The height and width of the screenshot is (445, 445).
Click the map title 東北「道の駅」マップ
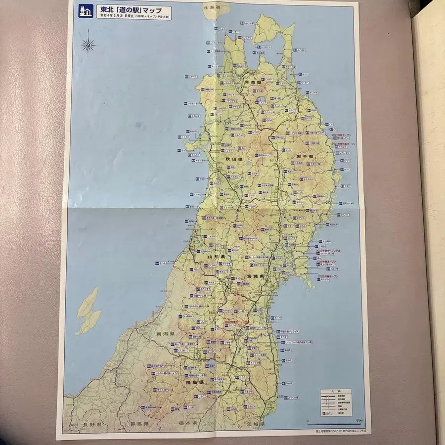click(x=133, y=10)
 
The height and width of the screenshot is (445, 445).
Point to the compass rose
click(x=89, y=45)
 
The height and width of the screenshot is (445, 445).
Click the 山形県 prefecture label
click(x=217, y=258)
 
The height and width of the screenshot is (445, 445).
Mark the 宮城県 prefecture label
click(x=257, y=276)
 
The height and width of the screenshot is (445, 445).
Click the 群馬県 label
click(x=140, y=425)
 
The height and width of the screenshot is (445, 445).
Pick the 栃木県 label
click(x=187, y=425)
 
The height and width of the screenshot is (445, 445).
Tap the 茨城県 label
click(x=256, y=425)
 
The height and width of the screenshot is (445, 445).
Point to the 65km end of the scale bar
click(x=359, y=421)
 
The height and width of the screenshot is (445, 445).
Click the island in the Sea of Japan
click(x=88, y=310)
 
